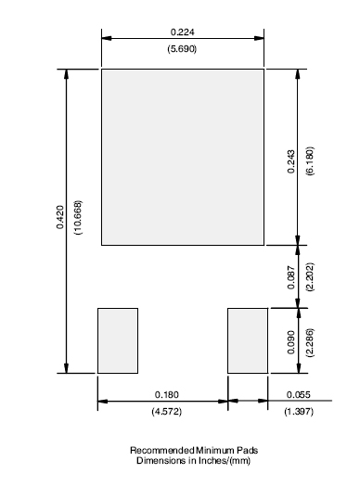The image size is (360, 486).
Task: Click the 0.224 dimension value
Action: pyautogui.click(x=183, y=32)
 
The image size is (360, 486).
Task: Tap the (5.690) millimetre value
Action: pyautogui.click(x=182, y=49)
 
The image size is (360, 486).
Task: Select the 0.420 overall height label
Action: pyautogui.click(x=59, y=217)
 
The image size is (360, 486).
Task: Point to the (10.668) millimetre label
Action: pyautogui.click(x=79, y=217)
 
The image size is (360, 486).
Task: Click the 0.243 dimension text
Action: pyautogui.click(x=291, y=161)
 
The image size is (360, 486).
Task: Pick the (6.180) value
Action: pyautogui.click(x=310, y=160)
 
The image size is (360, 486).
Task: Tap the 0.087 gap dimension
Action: pyautogui.click(x=291, y=277)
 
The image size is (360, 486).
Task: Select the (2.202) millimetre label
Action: pyautogui.click(x=310, y=276)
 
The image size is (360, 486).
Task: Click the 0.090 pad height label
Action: pyautogui.click(x=291, y=342)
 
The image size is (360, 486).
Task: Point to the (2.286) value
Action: pyautogui.click(x=310, y=342)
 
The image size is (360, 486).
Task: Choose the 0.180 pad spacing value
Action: pyautogui.click(x=167, y=394)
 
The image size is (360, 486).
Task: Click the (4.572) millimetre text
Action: pyautogui.click(x=166, y=412)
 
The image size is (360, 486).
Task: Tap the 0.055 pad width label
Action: pyautogui.click(x=298, y=394)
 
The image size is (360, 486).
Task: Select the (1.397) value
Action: pyautogui.click(x=299, y=412)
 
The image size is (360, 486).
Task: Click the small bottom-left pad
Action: pyautogui.click(x=118, y=340)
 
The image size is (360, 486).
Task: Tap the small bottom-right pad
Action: pyautogui.click(x=248, y=340)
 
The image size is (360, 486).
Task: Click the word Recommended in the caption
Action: pyautogui.click(x=162, y=450)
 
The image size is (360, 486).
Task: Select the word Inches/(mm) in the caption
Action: pyautogui.click(x=225, y=461)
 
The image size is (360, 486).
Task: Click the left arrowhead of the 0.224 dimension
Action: pyautogui.click(x=107, y=38)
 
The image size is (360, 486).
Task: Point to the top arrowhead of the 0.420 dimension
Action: pyautogui.click(x=66, y=74)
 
